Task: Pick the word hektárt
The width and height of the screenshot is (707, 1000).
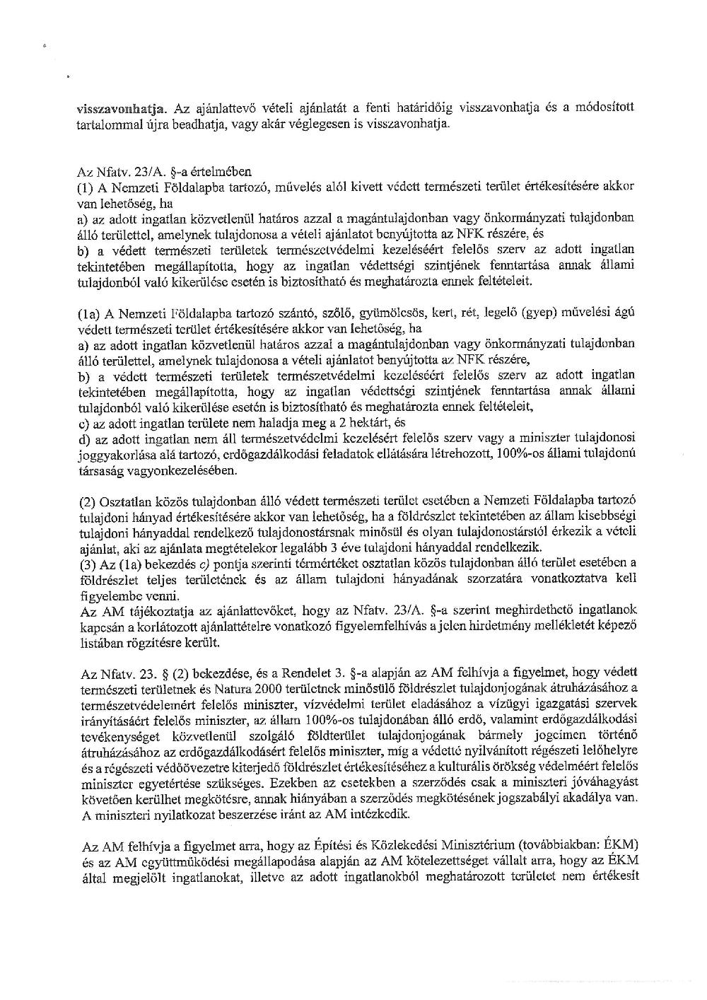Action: tap(369, 423)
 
